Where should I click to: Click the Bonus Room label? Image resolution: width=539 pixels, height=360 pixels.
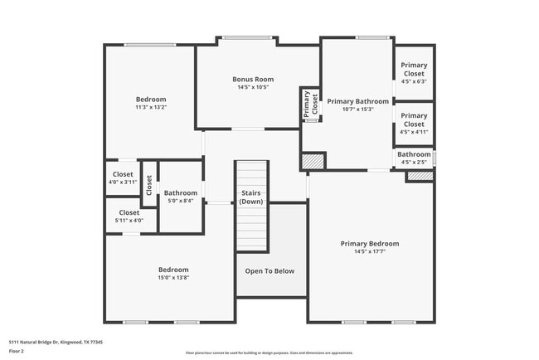252,80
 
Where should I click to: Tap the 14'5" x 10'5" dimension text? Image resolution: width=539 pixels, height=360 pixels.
252,87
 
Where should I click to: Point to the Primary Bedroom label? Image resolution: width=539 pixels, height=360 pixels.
369,244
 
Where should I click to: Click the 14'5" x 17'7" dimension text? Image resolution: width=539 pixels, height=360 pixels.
369,251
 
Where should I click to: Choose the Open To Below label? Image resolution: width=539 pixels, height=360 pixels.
269,271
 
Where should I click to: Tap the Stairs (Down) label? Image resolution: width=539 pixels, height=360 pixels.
252,197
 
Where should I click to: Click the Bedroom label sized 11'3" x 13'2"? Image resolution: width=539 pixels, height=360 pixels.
151,100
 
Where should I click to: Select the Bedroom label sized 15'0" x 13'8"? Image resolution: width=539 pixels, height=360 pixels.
173,270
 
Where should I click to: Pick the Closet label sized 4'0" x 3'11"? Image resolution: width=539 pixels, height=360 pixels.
123,174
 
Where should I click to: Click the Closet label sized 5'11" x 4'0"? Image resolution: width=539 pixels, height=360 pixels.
129,212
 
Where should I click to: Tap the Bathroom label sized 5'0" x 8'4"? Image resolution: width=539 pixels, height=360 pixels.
180,193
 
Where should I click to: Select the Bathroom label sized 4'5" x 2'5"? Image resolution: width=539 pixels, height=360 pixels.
414,154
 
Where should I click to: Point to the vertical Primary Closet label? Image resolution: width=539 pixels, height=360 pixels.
309,105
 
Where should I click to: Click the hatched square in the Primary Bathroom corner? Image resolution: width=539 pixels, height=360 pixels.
311,161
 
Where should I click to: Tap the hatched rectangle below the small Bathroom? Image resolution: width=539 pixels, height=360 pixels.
420,177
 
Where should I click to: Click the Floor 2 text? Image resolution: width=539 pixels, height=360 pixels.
17,351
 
